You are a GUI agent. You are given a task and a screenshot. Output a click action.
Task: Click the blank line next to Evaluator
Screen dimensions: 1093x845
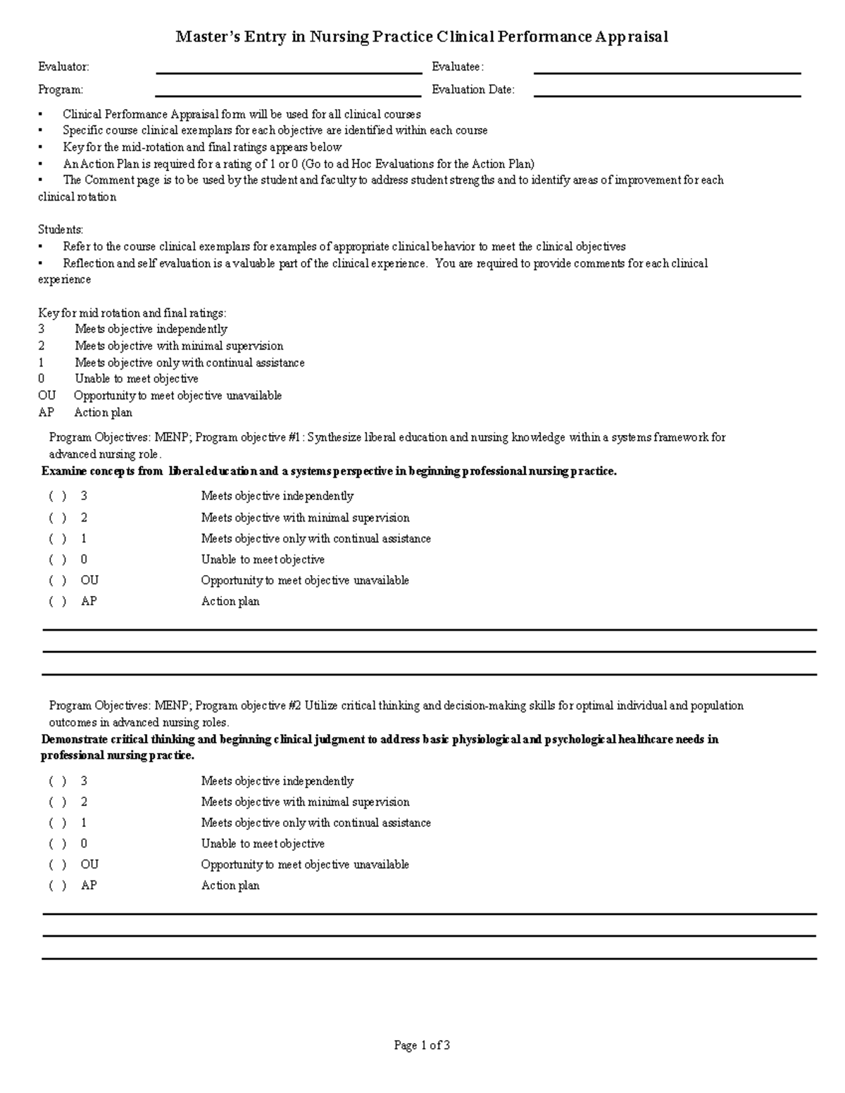click(288, 69)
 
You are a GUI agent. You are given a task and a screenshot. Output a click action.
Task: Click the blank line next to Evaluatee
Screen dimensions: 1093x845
click(667, 69)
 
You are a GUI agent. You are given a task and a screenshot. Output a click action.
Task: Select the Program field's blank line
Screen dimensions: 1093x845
click(288, 91)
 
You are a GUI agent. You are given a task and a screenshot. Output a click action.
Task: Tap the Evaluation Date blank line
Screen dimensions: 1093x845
click(667, 91)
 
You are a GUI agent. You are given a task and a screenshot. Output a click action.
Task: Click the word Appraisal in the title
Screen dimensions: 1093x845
click(631, 37)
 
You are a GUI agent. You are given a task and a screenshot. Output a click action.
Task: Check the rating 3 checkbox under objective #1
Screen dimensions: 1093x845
click(58, 496)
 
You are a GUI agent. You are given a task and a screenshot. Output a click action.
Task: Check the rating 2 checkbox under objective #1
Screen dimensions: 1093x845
click(58, 518)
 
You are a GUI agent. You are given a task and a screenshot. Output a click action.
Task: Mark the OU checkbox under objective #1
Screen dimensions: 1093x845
click(58, 581)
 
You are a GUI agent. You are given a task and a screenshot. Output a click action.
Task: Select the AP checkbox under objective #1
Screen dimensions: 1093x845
click(58, 602)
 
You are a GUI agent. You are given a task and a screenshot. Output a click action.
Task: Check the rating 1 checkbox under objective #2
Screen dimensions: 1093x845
click(58, 823)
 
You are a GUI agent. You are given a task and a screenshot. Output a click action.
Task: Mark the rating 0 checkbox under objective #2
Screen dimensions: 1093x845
click(58, 844)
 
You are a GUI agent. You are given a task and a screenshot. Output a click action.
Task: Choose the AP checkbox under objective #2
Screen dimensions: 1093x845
click(58, 886)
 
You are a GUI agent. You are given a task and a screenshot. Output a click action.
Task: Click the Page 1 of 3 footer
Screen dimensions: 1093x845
click(422, 1045)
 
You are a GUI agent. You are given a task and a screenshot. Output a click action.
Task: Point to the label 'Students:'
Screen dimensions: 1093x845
click(61, 229)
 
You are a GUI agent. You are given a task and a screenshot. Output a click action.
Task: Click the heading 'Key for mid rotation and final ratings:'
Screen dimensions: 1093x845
click(132, 313)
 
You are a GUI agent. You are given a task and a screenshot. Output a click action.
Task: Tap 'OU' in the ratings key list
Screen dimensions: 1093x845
click(46, 396)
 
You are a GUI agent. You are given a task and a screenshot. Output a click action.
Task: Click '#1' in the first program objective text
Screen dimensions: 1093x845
click(295, 438)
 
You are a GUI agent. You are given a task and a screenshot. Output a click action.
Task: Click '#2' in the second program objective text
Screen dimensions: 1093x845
click(295, 706)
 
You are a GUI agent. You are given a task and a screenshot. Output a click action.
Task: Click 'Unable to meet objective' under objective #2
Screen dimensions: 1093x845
click(263, 844)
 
